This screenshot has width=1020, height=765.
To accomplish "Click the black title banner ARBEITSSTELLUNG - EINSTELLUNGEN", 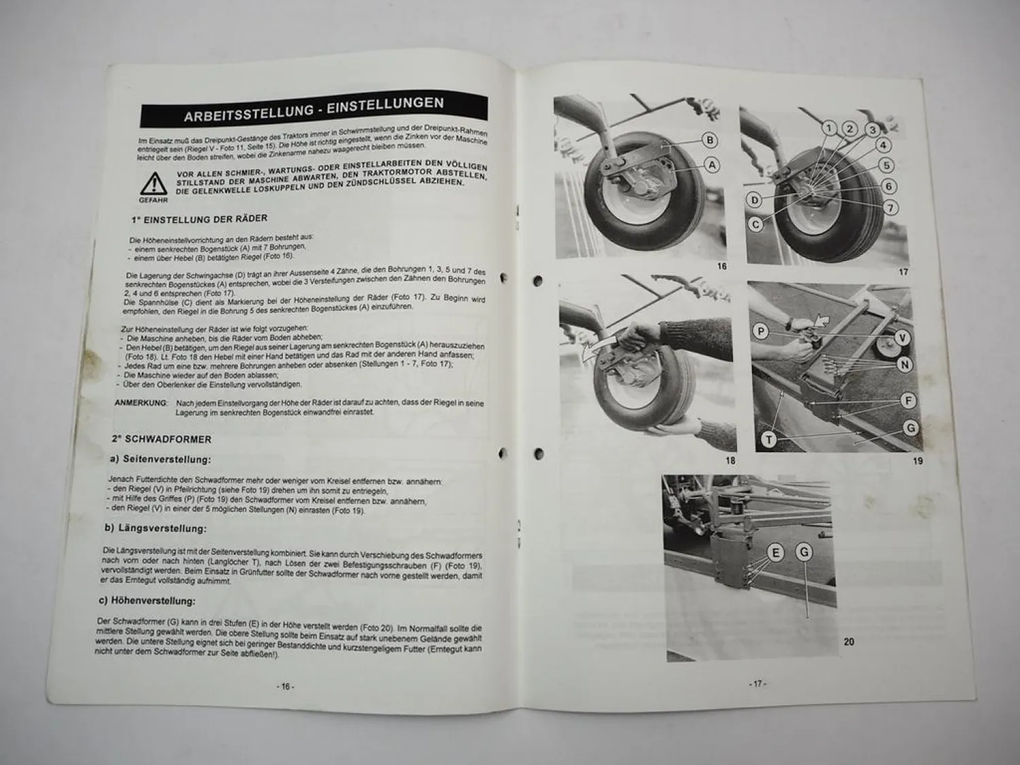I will [x=313, y=110].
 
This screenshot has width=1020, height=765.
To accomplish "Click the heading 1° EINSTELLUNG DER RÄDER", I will [x=199, y=219].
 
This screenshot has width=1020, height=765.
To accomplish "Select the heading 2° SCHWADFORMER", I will [x=162, y=439].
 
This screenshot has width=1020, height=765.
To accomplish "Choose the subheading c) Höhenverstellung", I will [x=147, y=600].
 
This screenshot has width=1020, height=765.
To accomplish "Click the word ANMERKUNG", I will [x=140, y=403].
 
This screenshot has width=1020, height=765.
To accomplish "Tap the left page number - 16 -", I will [x=286, y=687].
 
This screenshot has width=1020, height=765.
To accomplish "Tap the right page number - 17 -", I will [x=757, y=683].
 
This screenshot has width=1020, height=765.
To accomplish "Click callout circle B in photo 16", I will [x=709, y=141].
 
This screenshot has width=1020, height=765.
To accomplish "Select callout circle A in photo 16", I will [x=711, y=164].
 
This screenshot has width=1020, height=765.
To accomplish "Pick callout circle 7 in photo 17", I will [x=891, y=207].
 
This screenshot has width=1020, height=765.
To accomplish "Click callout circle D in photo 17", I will [x=754, y=200].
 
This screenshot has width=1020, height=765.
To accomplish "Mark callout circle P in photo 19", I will [x=762, y=331].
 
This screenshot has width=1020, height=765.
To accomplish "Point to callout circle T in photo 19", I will [x=768, y=440].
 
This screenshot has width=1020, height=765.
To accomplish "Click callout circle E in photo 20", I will [x=775, y=552].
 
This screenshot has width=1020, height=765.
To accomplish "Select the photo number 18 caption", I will [x=730, y=460].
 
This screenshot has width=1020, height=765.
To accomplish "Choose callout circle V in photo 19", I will [x=902, y=338].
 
